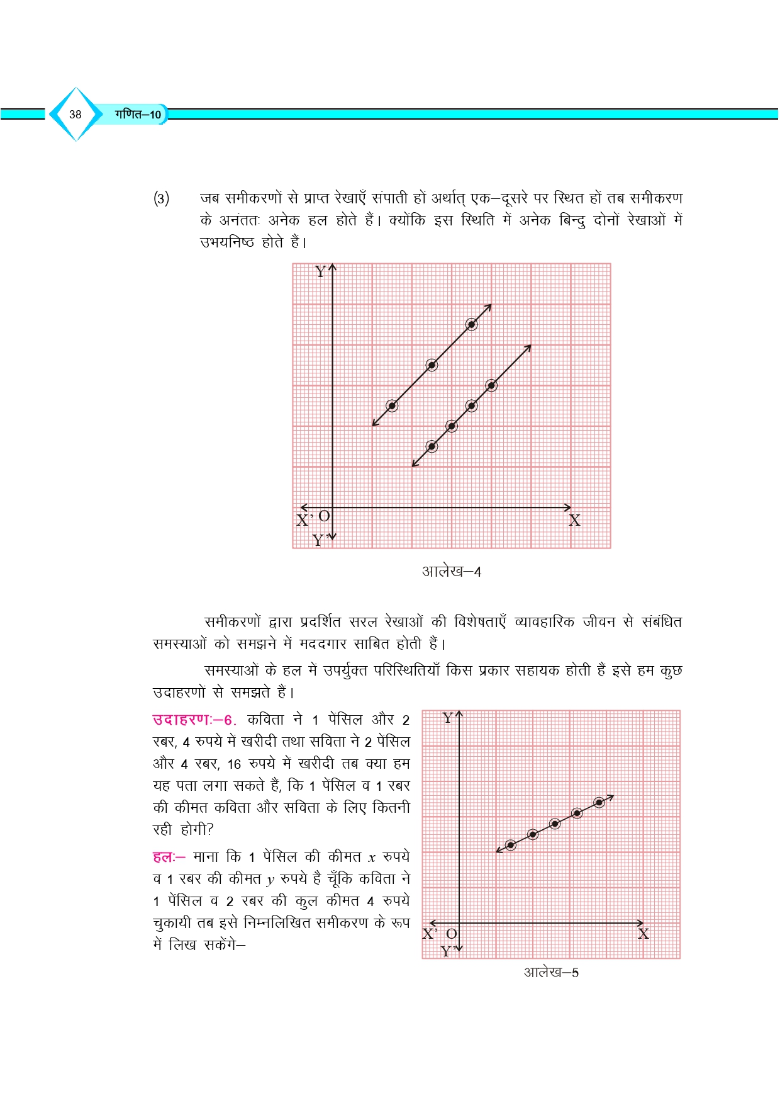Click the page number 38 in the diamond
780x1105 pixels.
pos(75,115)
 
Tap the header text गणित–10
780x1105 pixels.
pos(138,115)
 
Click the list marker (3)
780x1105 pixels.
pos(162,199)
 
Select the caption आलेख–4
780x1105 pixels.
pos(451,572)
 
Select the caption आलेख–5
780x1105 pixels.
pos(551,972)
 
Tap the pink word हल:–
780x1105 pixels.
pos(169,857)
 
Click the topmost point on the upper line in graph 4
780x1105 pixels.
pos(471,324)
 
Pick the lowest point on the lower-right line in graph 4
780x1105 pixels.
pos(432,446)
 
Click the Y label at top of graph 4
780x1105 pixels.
pos(320,272)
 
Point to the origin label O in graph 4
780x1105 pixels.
pos(324,516)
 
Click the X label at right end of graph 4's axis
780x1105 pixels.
pos(574,521)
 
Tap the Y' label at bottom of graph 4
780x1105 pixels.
pos(320,540)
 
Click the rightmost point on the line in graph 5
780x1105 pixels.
pos(599,802)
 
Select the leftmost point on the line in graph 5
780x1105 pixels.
pos(511,845)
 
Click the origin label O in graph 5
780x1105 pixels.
pos(451,934)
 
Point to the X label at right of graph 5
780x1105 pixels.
pos(643,934)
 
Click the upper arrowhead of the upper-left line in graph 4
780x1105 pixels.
pos(489,307)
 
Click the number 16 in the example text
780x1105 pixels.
pos(234,764)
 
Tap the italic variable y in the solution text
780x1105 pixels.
pos(270,880)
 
